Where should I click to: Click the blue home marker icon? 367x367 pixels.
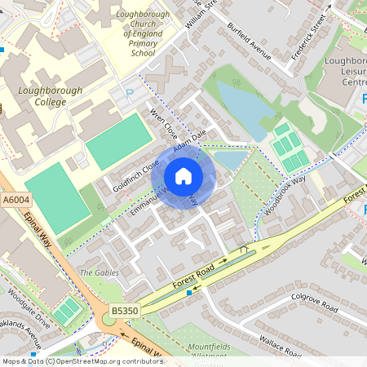183,175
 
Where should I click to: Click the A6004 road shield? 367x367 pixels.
15,198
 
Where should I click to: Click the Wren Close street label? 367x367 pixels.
163,122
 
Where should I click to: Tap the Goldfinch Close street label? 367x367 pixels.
136,175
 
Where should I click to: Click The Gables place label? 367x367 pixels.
99,272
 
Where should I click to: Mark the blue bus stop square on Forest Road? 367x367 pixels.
190,292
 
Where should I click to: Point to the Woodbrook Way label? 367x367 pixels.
285,195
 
